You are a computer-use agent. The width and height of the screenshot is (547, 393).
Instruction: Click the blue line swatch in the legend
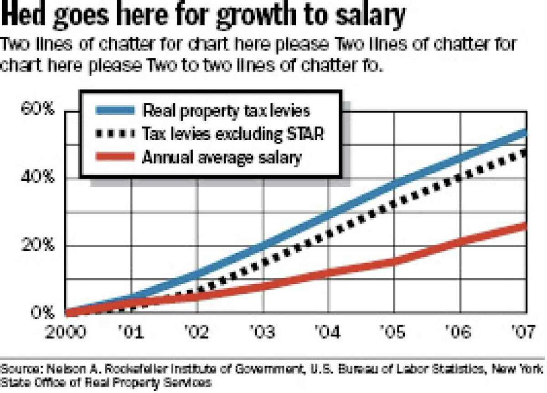pyautogui.click(x=115, y=110)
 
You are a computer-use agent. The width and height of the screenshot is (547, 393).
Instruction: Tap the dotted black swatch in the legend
pyautogui.click(x=115, y=134)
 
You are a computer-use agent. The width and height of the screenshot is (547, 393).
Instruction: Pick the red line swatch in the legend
pyautogui.click(x=115, y=157)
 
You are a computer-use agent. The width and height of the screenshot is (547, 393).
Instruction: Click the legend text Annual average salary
pyautogui.click(x=222, y=157)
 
